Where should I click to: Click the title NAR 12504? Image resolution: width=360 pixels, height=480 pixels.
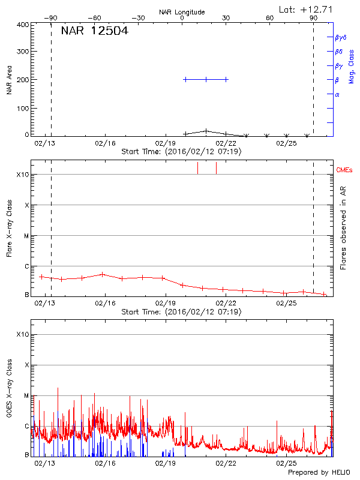coord(94,31)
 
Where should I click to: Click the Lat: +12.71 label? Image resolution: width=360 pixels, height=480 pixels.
coord(307,8)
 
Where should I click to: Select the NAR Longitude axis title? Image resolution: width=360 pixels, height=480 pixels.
coord(182,11)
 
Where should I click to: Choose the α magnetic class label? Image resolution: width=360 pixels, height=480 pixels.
coord(337,94)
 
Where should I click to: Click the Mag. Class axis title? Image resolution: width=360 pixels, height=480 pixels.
coord(352,66)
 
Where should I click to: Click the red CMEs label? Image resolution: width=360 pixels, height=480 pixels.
coord(346,170)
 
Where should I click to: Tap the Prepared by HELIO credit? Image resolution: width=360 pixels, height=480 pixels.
coord(318,472)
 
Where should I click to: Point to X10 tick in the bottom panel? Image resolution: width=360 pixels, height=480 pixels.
coord(22,334)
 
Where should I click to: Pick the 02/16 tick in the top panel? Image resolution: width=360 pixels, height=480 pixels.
coord(105,143)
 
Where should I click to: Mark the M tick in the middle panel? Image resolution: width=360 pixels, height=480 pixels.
coord(26,236)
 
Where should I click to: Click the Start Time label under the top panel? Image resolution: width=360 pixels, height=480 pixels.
coord(181,152)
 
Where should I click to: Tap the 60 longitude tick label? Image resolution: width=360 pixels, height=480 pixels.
coord(270,18)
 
